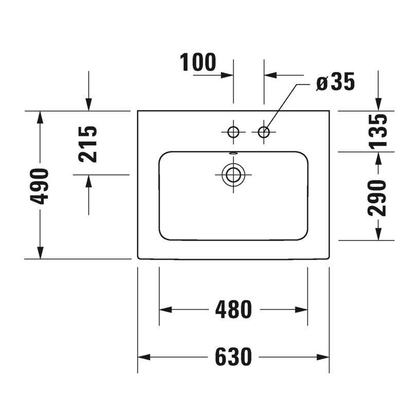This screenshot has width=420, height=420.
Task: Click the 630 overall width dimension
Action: [x=234, y=357]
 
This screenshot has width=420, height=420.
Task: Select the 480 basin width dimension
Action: [x=234, y=310]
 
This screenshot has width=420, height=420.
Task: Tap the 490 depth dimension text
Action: [x=40, y=186]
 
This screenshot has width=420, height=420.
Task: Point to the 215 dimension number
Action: [x=88, y=144]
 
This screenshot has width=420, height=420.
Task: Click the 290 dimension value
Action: [x=377, y=198]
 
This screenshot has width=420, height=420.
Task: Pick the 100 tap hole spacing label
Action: [x=198, y=62]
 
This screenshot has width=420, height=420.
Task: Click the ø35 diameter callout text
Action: [x=336, y=82]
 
